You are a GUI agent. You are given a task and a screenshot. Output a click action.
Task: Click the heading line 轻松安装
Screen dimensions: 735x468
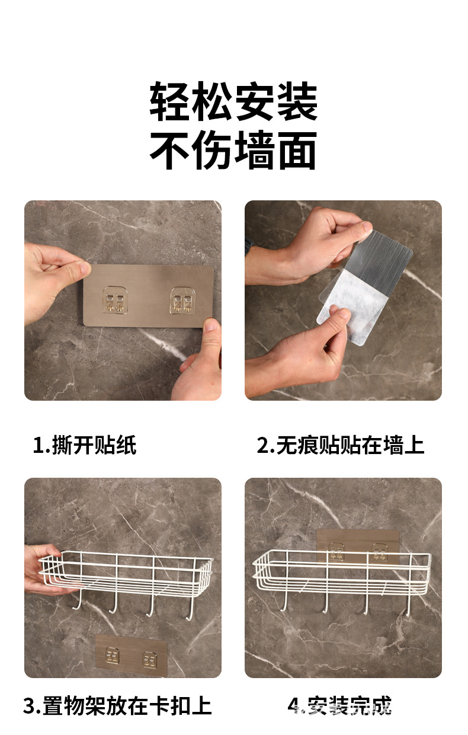[233, 102]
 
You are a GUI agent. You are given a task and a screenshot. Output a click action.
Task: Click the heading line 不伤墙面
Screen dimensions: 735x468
[233, 151]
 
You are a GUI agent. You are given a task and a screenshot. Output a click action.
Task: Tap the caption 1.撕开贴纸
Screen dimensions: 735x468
[85, 445]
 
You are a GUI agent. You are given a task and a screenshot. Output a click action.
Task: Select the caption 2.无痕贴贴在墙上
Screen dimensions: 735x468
[341, 445]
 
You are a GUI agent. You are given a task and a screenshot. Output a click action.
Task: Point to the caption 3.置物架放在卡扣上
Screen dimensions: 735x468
[117, 705]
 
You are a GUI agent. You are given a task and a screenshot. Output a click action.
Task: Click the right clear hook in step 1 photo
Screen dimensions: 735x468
[182, 301]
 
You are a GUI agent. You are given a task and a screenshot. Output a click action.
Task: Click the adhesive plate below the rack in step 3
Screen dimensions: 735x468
[130, 656]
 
